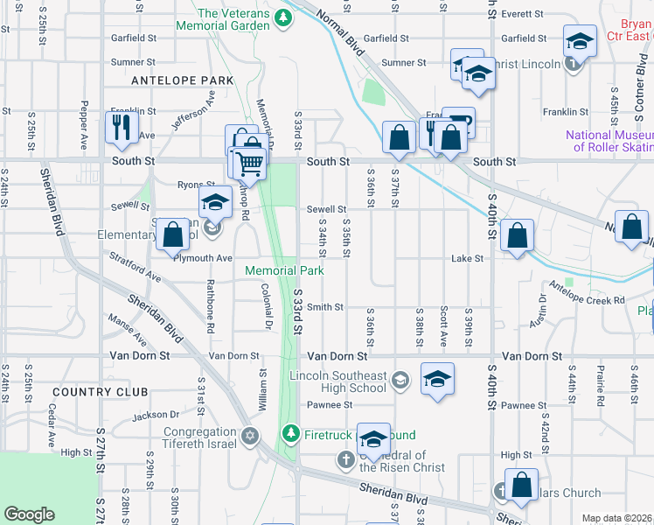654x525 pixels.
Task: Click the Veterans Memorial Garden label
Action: tap(233, 19)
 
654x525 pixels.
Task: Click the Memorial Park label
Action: tap(284, 271)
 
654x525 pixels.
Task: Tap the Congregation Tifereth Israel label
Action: tap(199, 438)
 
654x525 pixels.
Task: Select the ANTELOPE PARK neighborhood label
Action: tap(182, 80)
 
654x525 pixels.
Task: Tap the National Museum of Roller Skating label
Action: tap(609, 141)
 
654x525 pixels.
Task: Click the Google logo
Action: tap(29, 514)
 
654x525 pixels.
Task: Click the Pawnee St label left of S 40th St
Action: tap(329, 405)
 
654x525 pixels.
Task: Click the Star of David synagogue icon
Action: tap(250, 435)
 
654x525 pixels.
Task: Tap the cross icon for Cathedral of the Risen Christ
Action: tap(346, 459)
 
